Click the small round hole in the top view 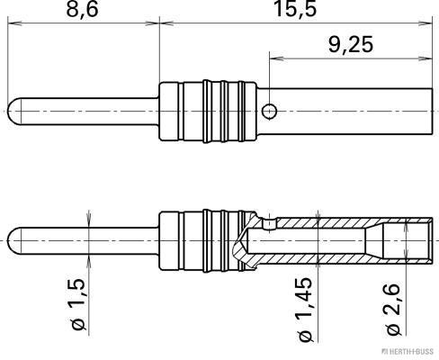pyautogui.click(x=268, y=111)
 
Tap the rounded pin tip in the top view pyautogui.click(x=13, y=111)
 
